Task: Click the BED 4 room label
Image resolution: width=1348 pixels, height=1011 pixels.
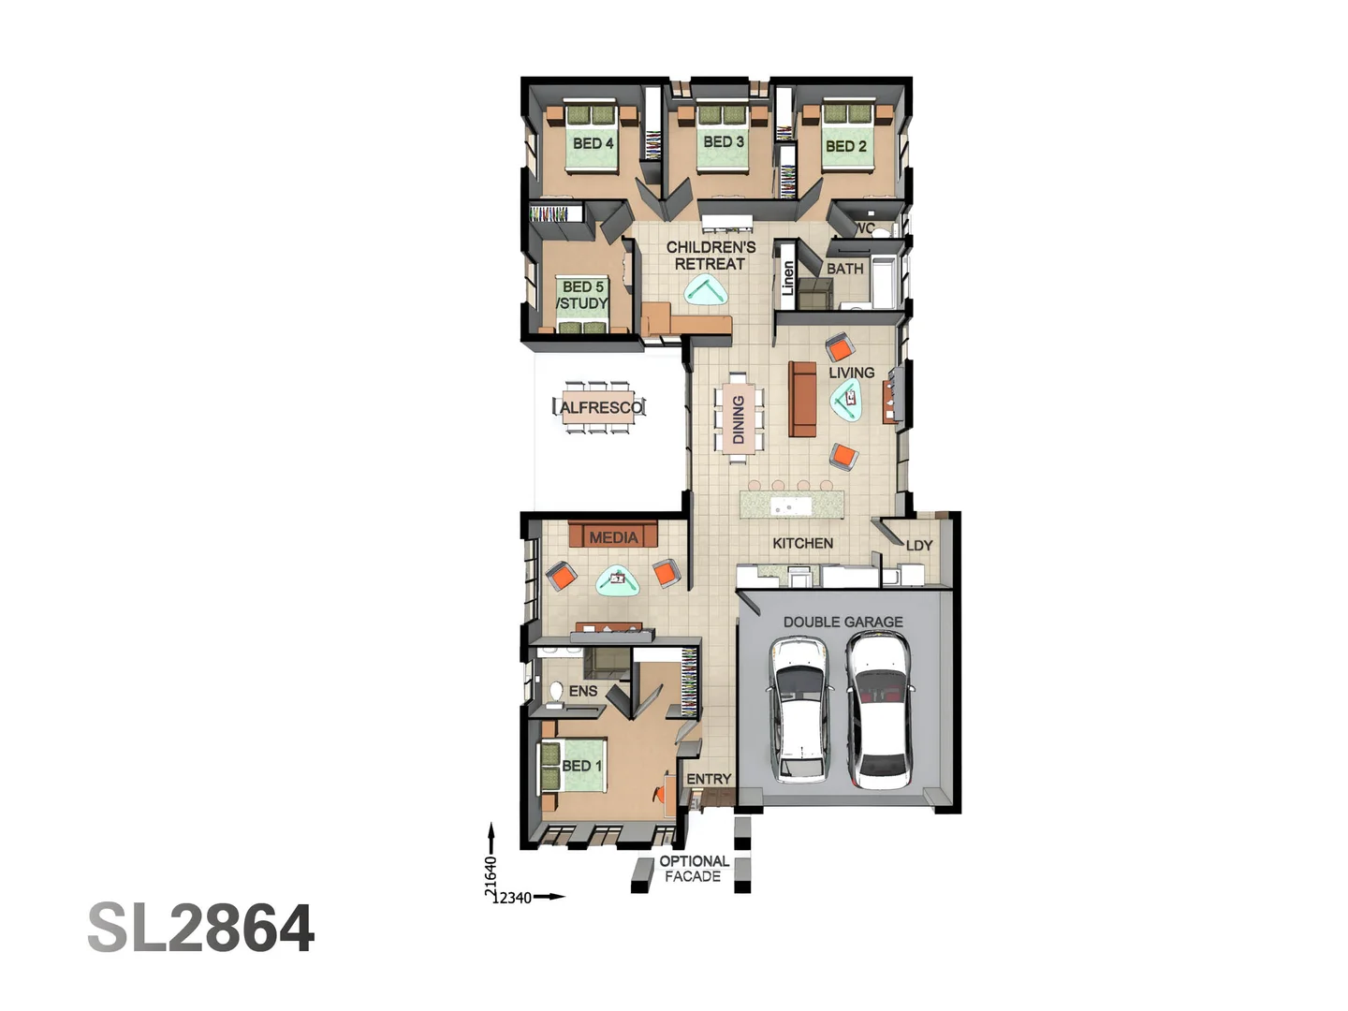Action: click(593, 143)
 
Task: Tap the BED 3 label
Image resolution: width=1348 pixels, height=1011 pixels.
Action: click(724, 141)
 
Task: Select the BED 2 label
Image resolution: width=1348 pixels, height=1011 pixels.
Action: click(845, 146)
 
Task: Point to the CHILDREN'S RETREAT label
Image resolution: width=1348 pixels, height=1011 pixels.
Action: click(711, 256)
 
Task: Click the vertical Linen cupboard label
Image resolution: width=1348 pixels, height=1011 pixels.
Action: click(787, 278)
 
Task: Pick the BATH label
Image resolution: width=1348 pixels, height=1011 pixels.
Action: click(844, 269)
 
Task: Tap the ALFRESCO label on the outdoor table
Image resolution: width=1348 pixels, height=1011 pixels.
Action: click(601, 407)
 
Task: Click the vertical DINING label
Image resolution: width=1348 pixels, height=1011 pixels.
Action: click(739, 418)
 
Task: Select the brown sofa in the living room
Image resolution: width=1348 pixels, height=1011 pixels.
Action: click(802, 400)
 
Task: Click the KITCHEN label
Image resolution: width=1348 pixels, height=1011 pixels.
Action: click(802, 543)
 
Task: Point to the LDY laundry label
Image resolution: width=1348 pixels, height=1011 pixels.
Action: click(918, 546)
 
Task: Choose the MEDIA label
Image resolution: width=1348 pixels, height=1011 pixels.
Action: click(613, 537)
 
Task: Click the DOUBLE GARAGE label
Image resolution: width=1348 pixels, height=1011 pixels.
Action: click(842, 622)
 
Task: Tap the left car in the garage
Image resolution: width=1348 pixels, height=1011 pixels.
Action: click(800, 709)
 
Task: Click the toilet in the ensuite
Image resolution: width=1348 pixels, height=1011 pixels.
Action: click(556, 692)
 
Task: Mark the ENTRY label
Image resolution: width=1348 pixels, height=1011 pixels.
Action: click(709, 779)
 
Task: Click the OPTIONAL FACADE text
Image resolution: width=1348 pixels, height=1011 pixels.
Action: click(694, 869)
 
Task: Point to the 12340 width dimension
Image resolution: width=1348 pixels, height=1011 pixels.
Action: click(513, 898)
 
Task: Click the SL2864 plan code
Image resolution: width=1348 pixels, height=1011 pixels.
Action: click(201, 929)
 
